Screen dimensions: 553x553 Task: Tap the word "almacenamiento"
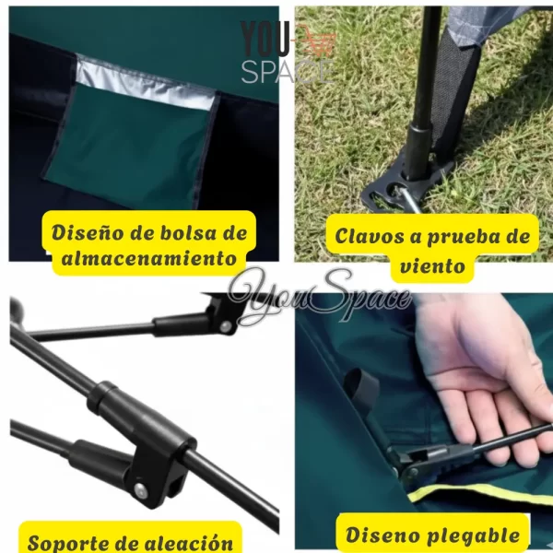(148, 258)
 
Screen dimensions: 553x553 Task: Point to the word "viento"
(432, 265)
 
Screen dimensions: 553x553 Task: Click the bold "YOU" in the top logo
(265, 38)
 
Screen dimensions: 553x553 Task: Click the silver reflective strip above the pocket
(146, 82)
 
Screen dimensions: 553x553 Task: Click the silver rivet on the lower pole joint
(139, 489)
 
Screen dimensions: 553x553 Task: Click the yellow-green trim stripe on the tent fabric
(479, 494)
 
